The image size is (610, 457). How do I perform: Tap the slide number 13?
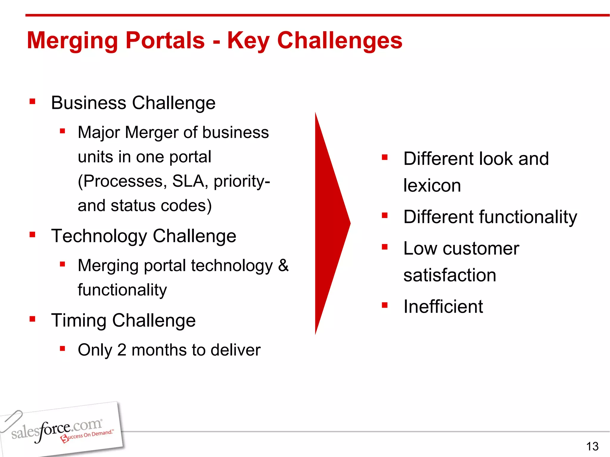[592, 446]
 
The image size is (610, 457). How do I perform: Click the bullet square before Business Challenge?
[32, 102]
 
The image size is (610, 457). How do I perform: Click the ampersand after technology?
[283, 265]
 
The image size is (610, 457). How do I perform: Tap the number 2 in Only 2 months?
[122, 350]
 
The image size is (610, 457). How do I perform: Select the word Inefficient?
[443, 306]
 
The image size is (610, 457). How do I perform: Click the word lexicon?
[432, 186]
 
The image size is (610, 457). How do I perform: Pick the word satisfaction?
[449, 275]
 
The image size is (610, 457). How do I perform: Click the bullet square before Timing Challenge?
[32, 319]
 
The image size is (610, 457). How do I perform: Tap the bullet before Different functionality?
[385, 215]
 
